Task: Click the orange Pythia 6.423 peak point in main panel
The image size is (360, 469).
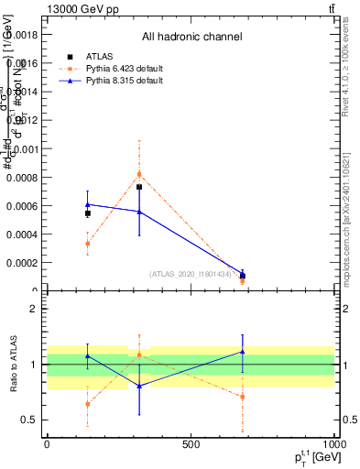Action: point(139,174)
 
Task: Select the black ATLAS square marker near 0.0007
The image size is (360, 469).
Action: point(139,187)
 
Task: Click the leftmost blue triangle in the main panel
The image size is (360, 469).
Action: point(88,204)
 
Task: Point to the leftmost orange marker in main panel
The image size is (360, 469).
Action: point(88,244)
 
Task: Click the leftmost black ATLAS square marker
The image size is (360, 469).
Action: point(88,213)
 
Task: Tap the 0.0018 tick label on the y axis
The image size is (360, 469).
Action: point(27,35)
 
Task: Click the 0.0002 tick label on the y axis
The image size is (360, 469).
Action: point(27,263)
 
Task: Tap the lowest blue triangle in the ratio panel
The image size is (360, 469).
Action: point(139,386)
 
